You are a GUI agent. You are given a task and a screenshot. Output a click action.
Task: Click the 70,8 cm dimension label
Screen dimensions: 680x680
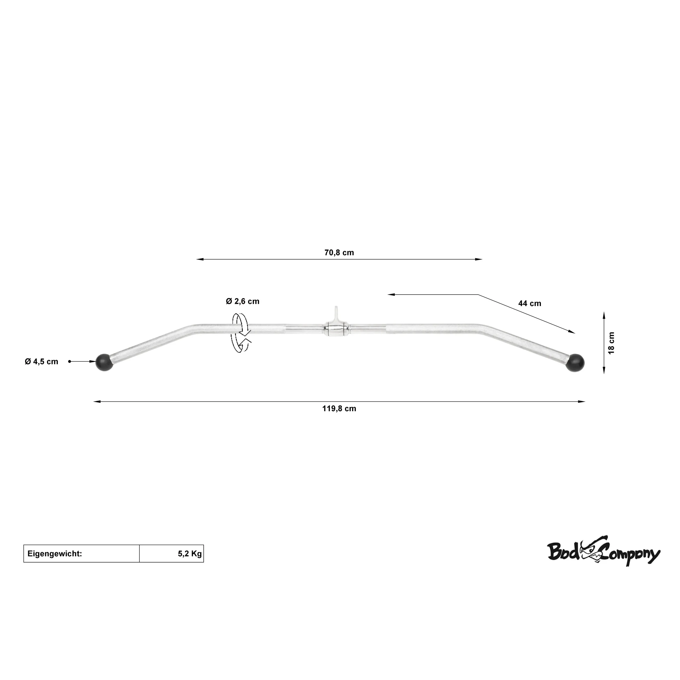339,253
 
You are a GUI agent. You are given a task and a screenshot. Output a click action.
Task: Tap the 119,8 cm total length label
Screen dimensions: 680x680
339,409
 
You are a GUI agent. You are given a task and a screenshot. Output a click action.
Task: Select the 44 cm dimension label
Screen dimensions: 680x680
530,304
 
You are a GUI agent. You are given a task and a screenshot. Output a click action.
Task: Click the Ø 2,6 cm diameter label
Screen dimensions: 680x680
243,301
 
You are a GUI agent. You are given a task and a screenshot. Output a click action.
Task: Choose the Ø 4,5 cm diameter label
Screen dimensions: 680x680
41,361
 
